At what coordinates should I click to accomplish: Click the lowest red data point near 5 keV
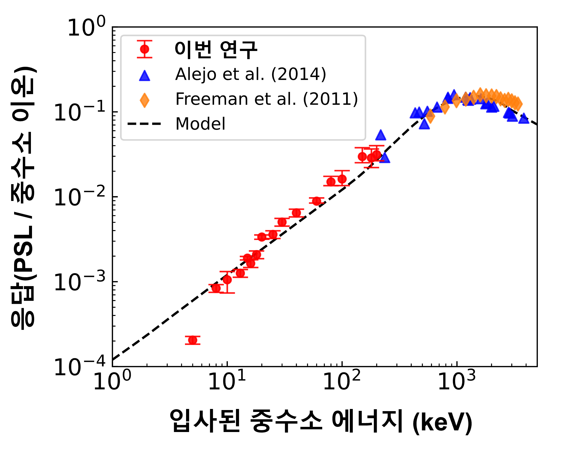coord(193,340)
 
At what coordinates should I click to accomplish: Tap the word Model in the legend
coord(200,124)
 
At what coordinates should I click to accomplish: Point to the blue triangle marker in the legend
coord(145,76)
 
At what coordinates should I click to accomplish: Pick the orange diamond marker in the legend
coord(145,100)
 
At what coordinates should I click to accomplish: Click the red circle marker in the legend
coord(145,49)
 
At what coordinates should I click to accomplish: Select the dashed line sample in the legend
coord(144,124)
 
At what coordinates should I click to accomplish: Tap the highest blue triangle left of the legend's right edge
coord(381,135)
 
